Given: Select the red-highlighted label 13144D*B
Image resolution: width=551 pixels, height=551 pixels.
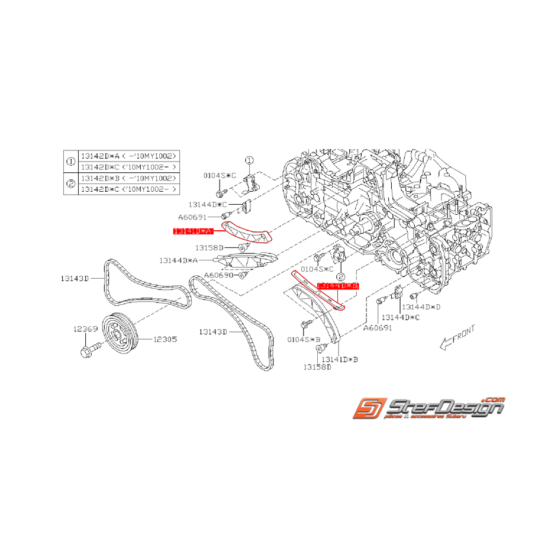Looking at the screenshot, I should [x=338, y=286].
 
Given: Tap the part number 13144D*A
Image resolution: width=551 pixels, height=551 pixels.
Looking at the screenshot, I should [x=178, y=260].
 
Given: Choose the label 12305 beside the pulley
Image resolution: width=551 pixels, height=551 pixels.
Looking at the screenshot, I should [x=165, y=340].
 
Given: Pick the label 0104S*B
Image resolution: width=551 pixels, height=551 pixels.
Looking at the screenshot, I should [x=304, y=340].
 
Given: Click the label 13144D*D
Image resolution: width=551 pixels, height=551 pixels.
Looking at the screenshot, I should [x=421, y=307].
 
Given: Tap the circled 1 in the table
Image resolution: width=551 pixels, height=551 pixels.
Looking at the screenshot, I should [x=70, y=161].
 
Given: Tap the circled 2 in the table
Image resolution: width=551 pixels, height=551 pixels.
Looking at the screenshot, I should [x=70, y=183].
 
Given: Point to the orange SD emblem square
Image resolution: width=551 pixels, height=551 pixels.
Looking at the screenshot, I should [x=366, y=409].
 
